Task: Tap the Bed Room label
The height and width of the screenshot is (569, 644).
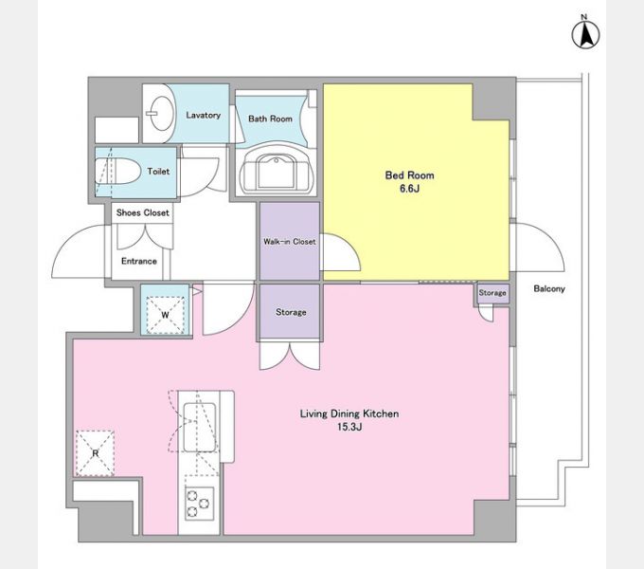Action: click(409, 175)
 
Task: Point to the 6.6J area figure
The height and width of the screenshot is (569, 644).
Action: click(409, 189)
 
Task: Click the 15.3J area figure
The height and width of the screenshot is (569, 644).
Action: click(349, 427)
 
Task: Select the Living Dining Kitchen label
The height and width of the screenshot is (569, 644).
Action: click(349, 413)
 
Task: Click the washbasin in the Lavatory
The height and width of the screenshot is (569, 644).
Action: click(160, 114)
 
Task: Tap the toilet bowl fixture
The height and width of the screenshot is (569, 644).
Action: click(116, 172)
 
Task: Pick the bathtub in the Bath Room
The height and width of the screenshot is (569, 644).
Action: click(276, 171)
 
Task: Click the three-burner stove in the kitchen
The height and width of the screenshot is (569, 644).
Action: click(199, 504)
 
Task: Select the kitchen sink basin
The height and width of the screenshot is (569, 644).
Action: click(200, 428)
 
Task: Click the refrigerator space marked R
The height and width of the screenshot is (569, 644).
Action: click(95, 453)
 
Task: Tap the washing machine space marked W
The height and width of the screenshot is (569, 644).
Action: click(165, 315)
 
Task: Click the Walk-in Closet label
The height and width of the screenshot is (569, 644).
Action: click(290, 242)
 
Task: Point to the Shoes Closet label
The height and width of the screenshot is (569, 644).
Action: click(142, 212)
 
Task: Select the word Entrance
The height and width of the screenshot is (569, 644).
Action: click(139, 261)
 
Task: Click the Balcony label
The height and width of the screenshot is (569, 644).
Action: click(549, 288)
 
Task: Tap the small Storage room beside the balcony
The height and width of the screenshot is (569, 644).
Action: click(492, 293)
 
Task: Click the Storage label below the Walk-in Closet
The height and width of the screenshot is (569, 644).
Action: click(291, 312)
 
